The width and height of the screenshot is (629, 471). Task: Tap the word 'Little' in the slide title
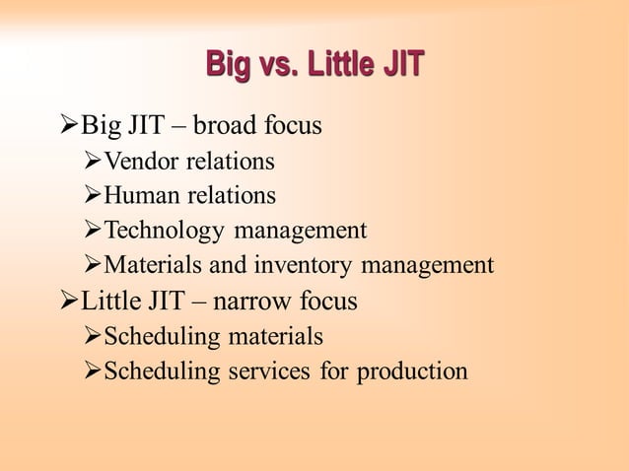coord(333,66)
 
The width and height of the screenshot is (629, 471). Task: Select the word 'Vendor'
coord(140,161)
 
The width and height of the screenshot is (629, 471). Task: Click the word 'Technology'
coord(165,231)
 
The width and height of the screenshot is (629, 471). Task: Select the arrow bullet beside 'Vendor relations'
coord(93,161)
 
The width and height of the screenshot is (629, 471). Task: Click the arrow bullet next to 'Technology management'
coord(93,231)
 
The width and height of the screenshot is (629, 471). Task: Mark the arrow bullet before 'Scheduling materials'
coord(93,337)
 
